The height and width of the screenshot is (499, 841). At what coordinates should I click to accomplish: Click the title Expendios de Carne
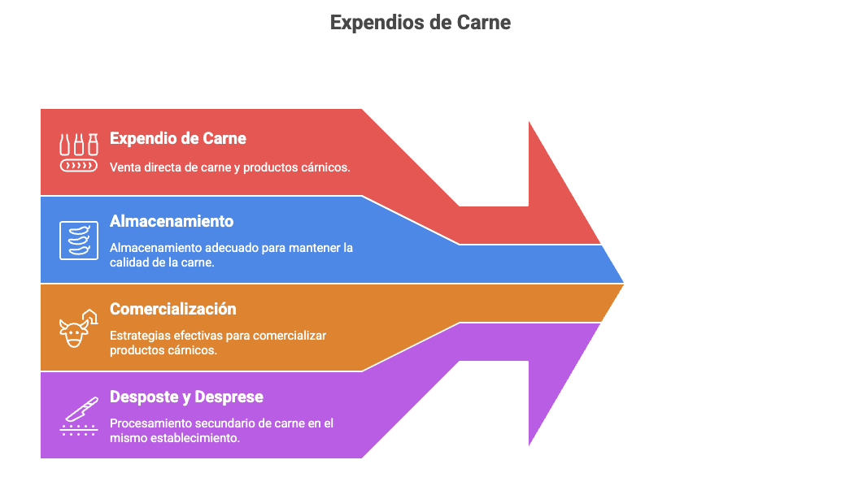coord(420,23)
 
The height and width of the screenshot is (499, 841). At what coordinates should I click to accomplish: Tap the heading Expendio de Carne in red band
coord(178,138)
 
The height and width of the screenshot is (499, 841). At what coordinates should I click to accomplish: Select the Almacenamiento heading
coord(172,221)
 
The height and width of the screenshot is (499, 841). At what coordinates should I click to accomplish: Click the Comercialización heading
coord(172,310)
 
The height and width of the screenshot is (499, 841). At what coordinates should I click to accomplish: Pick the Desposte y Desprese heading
coord(186,397)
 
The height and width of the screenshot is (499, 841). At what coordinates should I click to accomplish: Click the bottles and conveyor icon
coord(79,153)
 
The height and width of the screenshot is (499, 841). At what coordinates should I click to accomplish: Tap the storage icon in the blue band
coord(79,240)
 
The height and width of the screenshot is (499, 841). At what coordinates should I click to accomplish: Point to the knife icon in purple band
coord(79,416)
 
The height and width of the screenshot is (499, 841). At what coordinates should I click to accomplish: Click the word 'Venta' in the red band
coord(124,167)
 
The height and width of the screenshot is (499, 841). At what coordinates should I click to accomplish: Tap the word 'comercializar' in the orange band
coord(290,336)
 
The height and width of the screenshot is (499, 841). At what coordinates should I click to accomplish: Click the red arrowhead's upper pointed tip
coord(529,122)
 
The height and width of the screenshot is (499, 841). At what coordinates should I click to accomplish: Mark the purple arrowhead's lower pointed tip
coord(529,445)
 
